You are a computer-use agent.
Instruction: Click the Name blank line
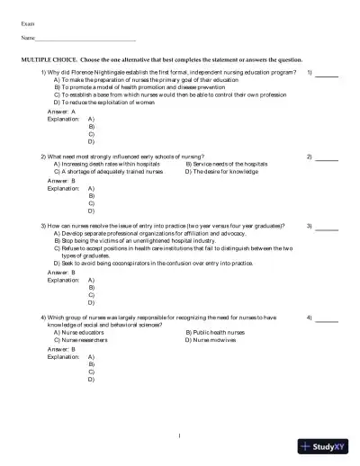point(85,40)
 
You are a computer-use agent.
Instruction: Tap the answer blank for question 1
point(327,72)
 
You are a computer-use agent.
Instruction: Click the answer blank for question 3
point(327,227)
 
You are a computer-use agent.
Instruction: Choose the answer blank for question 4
point(327,319)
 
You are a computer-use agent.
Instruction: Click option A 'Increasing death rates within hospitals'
point(107,165)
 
